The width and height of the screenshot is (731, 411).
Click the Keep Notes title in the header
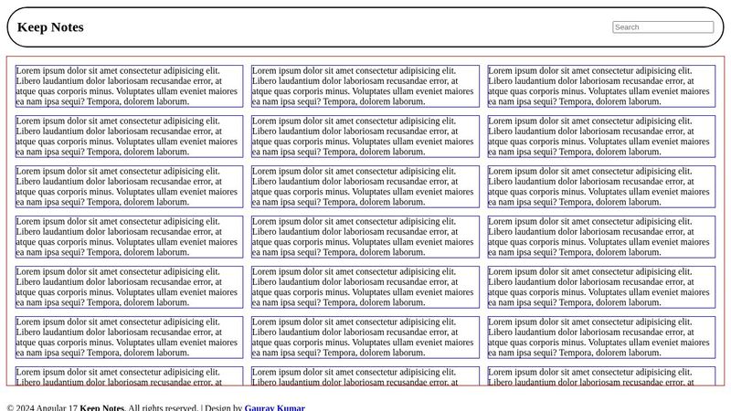(50, 27)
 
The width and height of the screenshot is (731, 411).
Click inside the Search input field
(662, 27)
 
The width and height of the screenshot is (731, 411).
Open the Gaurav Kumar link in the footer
(274, 407)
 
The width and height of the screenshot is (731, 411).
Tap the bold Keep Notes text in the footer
(101, 407)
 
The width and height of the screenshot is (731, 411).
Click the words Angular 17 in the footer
(58, 407)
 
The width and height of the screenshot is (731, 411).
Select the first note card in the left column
(129, 86)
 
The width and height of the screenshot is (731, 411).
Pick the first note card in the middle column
(365, 86)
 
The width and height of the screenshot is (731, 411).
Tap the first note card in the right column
(601, 86)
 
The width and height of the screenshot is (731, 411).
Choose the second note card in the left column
(129, 136)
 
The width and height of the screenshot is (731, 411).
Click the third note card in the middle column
(365, 186)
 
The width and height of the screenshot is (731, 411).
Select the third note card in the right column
(601, 186)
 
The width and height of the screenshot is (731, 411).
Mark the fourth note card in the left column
(129, 237)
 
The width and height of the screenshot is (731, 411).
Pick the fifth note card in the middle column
(365, 287)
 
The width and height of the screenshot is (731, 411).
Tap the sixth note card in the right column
(601, 337)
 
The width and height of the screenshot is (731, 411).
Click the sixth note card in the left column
(129, 337)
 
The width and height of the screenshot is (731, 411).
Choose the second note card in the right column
(601, 136)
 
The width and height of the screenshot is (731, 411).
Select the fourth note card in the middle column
(365, 237)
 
